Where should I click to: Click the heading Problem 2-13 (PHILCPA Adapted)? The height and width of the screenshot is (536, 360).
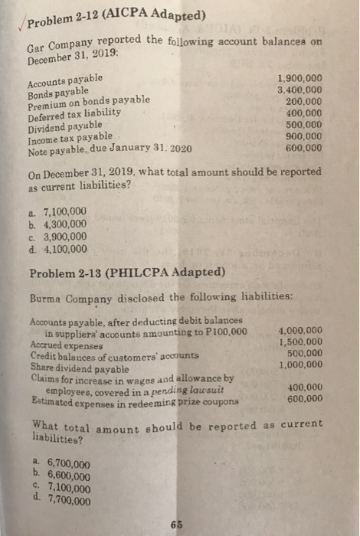(x=126, y=273)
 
